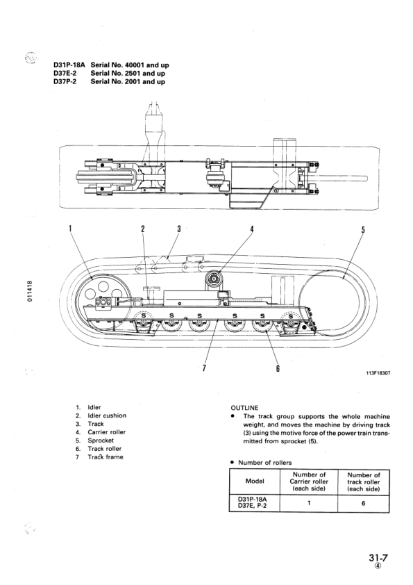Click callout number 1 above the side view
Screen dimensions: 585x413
tap(70, 229)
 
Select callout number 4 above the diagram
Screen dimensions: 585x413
tap(252, 229)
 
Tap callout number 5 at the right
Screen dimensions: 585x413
tap(363, 230)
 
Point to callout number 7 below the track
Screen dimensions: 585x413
tap(204, 368)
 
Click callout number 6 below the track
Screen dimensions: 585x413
tap(278, 368)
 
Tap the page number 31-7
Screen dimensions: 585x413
tap(380, 557)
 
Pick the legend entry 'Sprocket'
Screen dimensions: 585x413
tap(101, 440)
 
